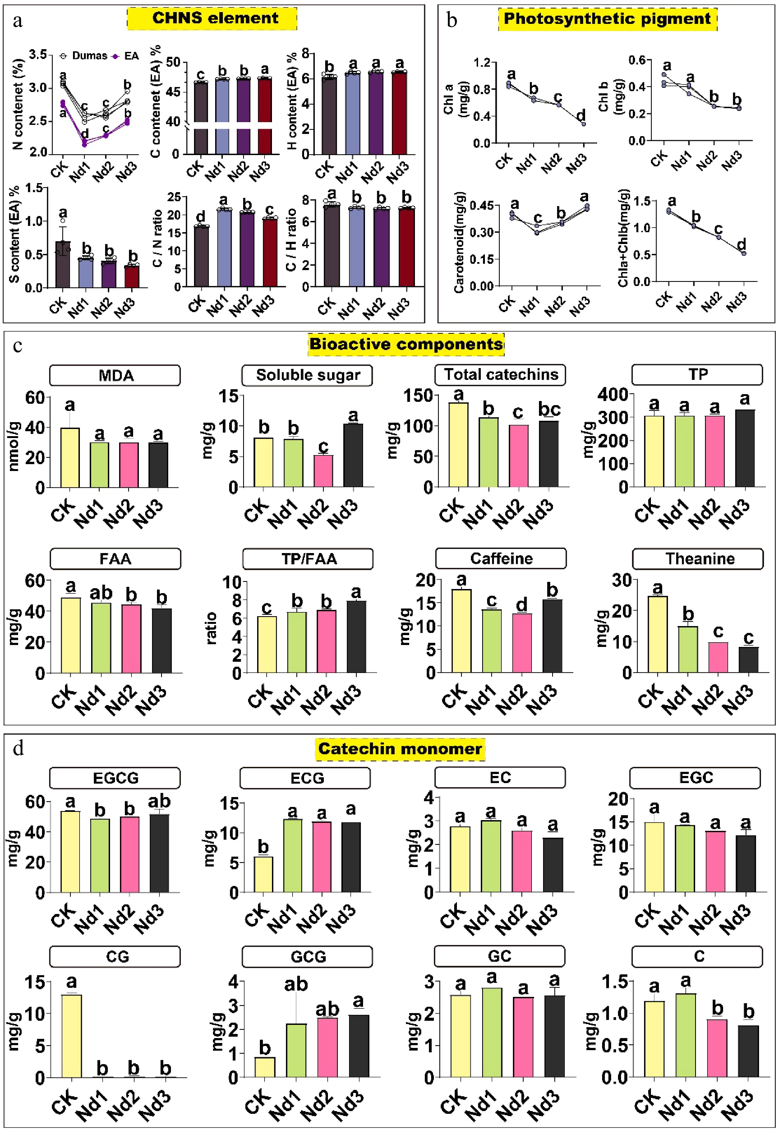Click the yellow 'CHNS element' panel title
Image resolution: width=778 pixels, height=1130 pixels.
(x=212, y=18)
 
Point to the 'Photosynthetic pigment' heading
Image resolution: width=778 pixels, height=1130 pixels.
(x=607, y=19)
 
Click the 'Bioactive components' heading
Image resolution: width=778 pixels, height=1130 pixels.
(x=406, y=344)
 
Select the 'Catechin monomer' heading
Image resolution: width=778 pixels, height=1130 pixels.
(x=400, y=748)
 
